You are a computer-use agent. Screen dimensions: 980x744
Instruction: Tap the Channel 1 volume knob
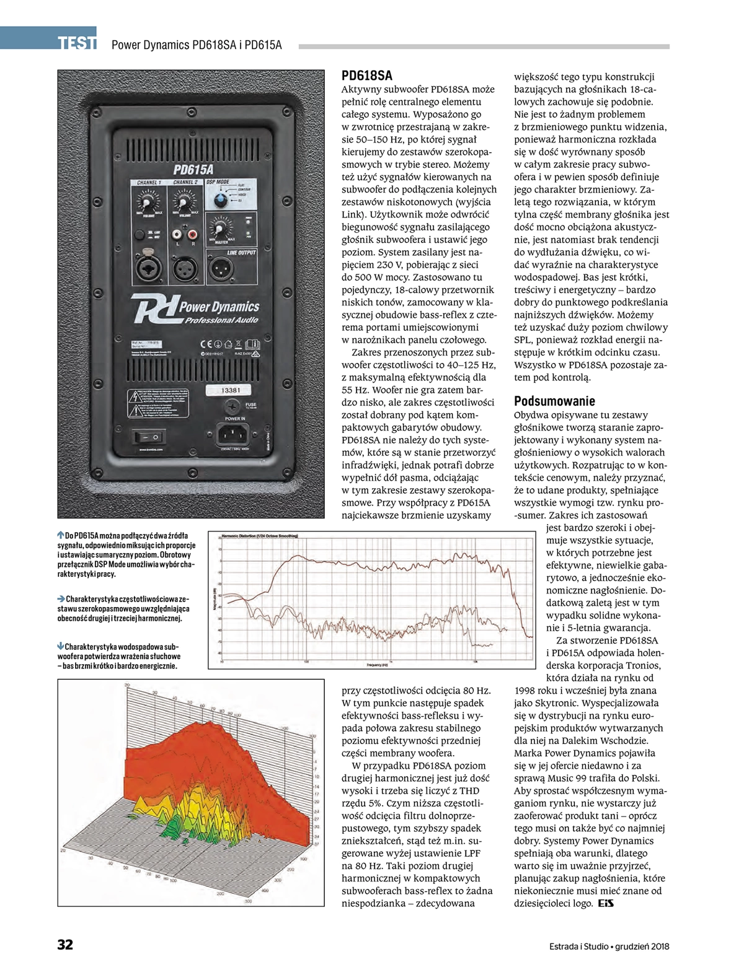point(148,203)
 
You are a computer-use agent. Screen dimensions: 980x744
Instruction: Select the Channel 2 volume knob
point(183,203)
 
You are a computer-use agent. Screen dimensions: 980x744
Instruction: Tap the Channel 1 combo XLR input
point(149,267)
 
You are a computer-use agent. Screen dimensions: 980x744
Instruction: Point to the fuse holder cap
point(232,406)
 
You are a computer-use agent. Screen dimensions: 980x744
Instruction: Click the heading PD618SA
point(367,76)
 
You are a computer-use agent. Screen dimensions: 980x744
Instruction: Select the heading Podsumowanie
point(554,401)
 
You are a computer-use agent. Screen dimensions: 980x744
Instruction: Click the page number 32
point(65,945)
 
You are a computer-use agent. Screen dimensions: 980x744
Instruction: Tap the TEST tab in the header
point(77,43)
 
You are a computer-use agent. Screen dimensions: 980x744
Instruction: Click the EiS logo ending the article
point(606,904)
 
